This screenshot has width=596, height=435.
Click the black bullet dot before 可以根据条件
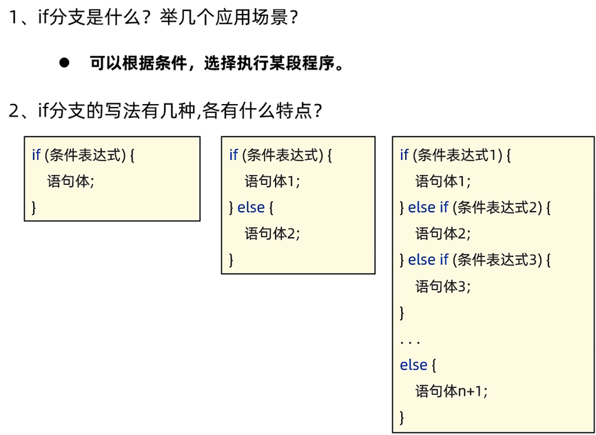click(x=65, y=63)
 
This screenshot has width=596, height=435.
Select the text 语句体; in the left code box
click(x=70, y=181)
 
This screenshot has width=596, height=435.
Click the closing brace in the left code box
click(x=34, y=207)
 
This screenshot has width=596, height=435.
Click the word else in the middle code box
click(x=251, y=208)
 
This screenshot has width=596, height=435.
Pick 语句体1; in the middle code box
click(x=273, y=181)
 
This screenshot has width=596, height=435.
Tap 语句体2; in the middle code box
click(x=273, y=234)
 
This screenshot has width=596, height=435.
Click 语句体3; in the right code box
click(x=443, y=286)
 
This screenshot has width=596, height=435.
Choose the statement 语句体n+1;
click(x=451, y=391)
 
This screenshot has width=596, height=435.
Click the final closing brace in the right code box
click(x=402, y=416)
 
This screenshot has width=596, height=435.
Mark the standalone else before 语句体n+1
click(x=413, y=365)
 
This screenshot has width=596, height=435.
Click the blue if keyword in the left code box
click(x=36, y=155)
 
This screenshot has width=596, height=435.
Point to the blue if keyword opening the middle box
click(x=234, y=155)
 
